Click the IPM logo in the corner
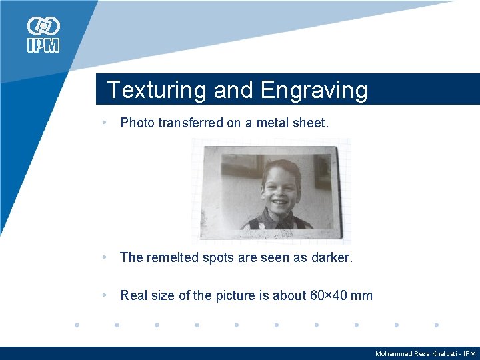click(x=43, y=35)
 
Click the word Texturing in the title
click(x=157, y=90)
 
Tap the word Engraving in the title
click(x=314, y=90)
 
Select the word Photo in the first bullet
click(x=137, y=123)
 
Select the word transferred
click(x=190, y=123)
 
